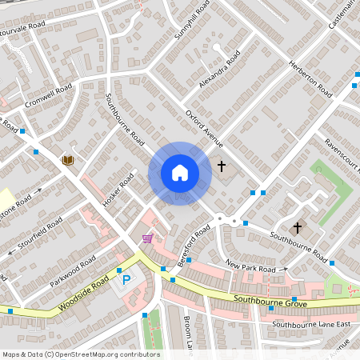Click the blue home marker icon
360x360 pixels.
(180, 173)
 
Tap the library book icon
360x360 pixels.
(68, 160)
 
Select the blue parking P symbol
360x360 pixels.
(126, 281)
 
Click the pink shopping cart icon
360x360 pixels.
(147, 238)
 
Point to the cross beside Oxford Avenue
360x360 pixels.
(222, 166)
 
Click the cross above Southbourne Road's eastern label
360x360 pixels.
(297, 227)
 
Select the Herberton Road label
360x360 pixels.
(310, 81)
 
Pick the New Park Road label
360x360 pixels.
(250, 266)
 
